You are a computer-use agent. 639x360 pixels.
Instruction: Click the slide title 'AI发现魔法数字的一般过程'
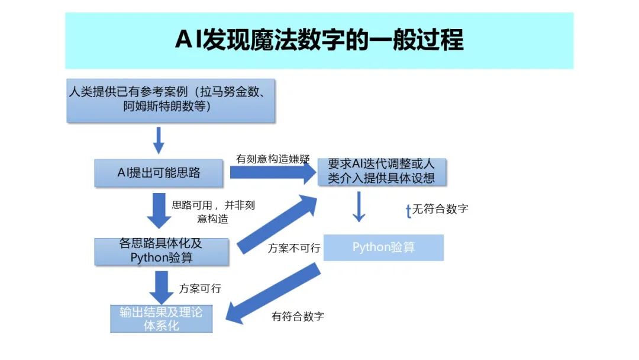pyautogui.click(x=319, y=40)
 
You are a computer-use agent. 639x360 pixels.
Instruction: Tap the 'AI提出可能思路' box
pyautogui.click(x=159, y=173)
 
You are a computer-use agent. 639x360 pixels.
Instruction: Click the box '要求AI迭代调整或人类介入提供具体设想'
pyautogui.click(x=381, y=171)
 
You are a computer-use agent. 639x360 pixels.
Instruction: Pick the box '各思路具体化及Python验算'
pyautogui.click(x=161, y=251)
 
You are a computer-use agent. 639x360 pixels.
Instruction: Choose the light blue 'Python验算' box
pyautogui.click(x=383, y=247)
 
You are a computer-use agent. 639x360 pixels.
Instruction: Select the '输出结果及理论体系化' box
pyautogui.click(x=161, y=319)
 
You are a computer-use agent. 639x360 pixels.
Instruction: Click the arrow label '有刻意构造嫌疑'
pyautogui.click(x=264, y=159)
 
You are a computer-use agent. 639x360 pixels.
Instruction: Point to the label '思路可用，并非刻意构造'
pyautogui.click(x=213, y=212)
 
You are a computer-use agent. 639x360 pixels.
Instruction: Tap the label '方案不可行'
pyautogui.click(x=294, y=248)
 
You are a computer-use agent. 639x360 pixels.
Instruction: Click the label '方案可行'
pyautogui.click(x=200, y=288)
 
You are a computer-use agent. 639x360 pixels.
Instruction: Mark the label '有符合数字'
pyautogui.click(x=298, y=316)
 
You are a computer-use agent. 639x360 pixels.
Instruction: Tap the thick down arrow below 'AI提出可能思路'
pyautogui.click(x=158, y=210)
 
